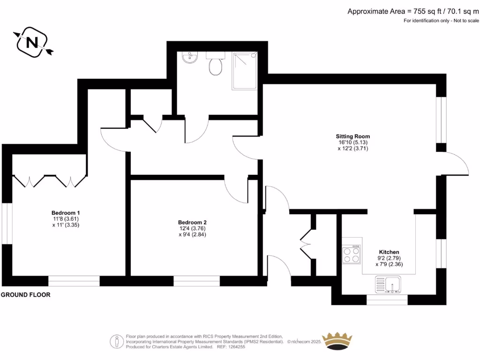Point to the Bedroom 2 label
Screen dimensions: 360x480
click(192, 222)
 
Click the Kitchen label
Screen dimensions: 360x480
click(389, 251)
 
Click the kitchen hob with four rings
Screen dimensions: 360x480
click(352, 255)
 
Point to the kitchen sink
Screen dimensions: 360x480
click(388, 284)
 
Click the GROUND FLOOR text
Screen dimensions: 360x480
click(25, 295)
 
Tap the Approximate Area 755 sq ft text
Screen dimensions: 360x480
click(413, 11)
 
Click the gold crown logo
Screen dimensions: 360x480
click(338, 341)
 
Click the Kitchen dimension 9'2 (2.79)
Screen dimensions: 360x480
click(389, 258)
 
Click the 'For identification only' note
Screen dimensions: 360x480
click(442, 21)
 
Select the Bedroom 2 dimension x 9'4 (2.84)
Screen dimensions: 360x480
click(192, 235)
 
